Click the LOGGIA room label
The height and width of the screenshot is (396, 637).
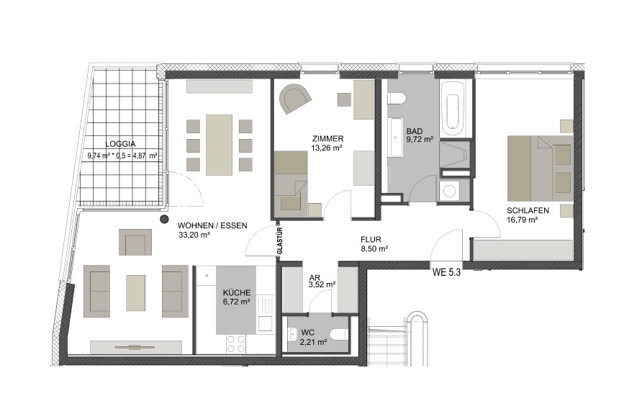pyautogui.click(x=120, y=144)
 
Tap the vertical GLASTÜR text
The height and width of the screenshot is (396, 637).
pyautogui.click(x=280, y=240)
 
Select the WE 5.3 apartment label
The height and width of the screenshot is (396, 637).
pyautogui.click(x=446, y=273)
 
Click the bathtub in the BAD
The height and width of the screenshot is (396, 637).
pyautogui.click(x=453, y=109)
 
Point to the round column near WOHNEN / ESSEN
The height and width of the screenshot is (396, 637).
pyautogui.click(x=164, y=220)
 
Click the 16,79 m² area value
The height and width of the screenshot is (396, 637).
pyautogui.click(x=523, y=220)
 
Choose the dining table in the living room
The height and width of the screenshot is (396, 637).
pyautogui.click(x=219, y=145)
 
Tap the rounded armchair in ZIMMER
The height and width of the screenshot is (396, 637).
pyautogui.click(x=296, y=98)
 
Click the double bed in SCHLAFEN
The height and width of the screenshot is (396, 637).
pyautogui.click(x=540, y=168)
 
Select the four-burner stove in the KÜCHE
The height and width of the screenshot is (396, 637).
pyautogui.click(x=236, y=344)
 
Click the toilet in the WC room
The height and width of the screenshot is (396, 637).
pyautogui.click(x=339, y=335)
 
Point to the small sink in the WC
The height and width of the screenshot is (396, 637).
pyautogui.click(x=292, y=335)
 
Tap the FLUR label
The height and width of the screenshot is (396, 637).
pyautogui.click(x=371, y=240)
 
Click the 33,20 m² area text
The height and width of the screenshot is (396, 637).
pyautogui.click(x=194, y=235)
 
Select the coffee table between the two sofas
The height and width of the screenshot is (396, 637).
pyautogui.click(x=136, y=293)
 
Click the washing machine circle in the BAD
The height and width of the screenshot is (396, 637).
pyautogui.click(x=449, y=191)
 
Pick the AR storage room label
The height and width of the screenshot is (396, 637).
pyautogui.click(x=315, y=278)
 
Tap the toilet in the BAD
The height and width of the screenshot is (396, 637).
pyautogui.click(x=397, y=99)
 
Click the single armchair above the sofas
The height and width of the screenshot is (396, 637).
pyautogui.click(x=135, y=243)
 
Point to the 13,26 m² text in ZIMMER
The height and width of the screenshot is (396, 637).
pyautogui.click(x=327, y=148)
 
